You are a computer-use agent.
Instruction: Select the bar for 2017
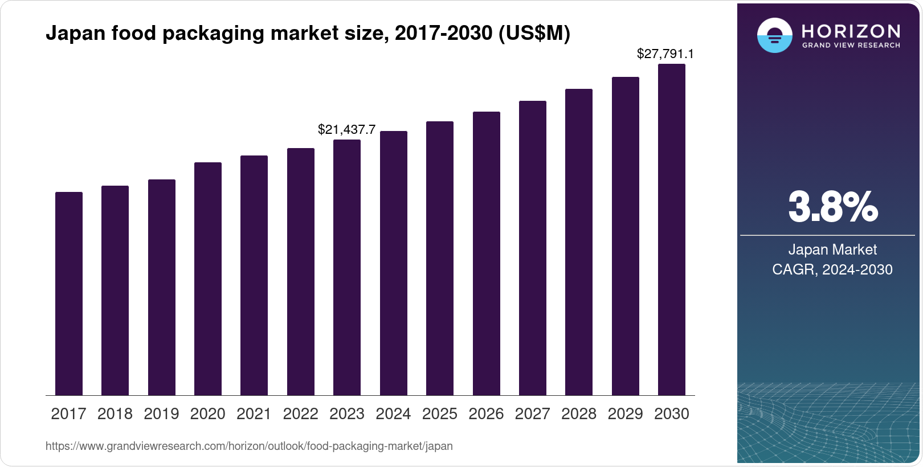(69, 293)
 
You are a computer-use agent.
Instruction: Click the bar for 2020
(208, 278)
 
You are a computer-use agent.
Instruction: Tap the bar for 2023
(347, 267)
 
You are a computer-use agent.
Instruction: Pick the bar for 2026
(486, 253)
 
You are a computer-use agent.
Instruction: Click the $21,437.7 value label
(346, 130)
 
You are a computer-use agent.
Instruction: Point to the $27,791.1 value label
(665, 54)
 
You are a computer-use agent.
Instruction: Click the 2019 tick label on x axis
(161, 414)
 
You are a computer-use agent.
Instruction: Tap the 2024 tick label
(393, 414)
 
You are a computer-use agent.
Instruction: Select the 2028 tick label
(579, 414)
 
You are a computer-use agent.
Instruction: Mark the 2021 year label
(254, 414)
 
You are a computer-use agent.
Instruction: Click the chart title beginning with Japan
(308, 34)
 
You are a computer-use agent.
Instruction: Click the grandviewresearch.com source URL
(249, 446)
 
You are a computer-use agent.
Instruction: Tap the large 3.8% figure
(832, 207)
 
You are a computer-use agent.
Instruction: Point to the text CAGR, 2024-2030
(832, 269)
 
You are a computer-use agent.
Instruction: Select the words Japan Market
(832, 249)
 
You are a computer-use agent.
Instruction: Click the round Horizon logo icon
(774, 35)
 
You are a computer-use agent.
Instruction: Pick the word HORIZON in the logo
(851, 31)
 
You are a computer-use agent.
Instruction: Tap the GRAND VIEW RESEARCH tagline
(851, 45)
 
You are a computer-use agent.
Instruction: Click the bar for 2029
(626, 236)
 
